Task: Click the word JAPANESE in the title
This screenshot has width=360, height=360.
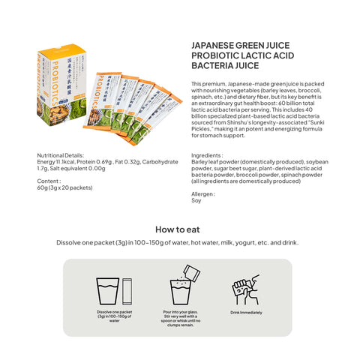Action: (x=215, y=45)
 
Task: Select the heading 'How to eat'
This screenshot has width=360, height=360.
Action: (x=178, y=229)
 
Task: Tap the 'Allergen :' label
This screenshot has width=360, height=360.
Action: (x=205, y=193)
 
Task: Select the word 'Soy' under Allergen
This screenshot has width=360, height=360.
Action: (x=196, y=200)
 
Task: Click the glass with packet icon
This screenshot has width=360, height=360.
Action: (x=114, y=290)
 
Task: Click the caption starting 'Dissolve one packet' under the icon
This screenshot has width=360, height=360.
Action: (x=114, y=316)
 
